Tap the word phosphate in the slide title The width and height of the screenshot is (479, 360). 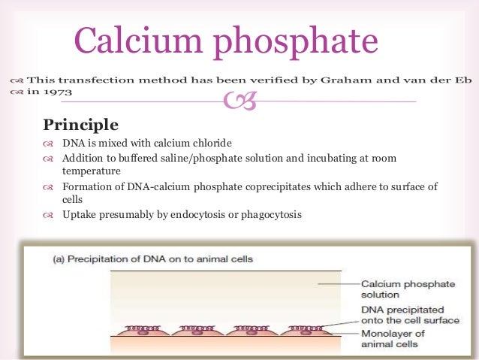pos(299,42)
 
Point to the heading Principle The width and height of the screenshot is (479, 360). pos(80,123)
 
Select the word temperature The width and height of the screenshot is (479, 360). pos(93,171)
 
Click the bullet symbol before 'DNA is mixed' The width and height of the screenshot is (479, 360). pos(49,144)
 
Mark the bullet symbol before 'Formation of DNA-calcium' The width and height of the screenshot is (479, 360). pos(49,186)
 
